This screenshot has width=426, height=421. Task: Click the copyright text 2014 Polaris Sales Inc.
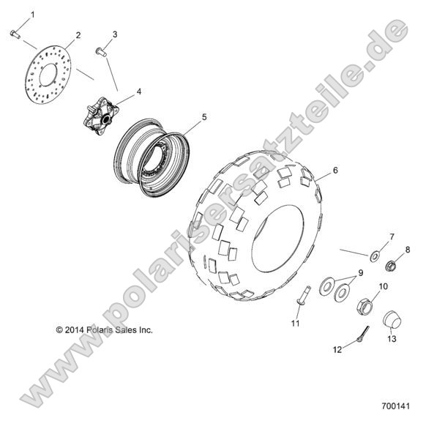(x=104, y=330)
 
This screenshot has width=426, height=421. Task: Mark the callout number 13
(x=392, y=338)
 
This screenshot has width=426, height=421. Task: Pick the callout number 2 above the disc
(x=78, y=35)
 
